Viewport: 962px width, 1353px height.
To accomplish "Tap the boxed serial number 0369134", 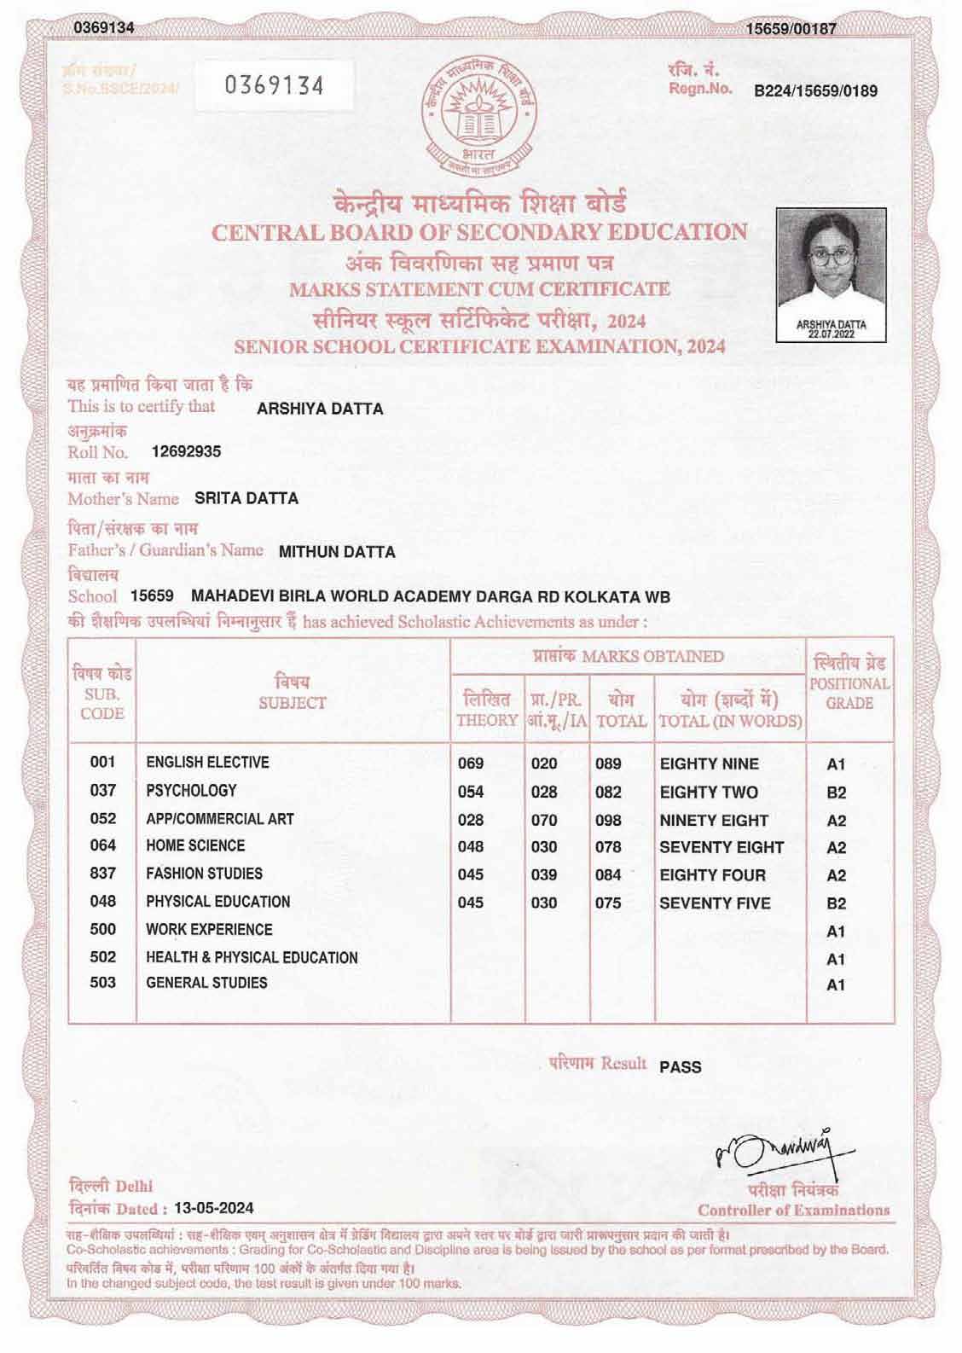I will tap(274, 85).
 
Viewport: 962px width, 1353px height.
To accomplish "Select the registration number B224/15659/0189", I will tap(815, 91).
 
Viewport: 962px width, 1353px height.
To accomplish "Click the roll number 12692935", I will tap(186, 451).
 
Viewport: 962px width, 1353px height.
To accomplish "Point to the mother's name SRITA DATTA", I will tap(246, 498).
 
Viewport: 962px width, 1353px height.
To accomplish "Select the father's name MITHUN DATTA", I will tap(337, 552).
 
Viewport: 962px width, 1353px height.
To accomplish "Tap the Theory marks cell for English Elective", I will tap(471, 764).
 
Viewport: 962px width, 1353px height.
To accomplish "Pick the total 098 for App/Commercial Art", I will tap(608, 820).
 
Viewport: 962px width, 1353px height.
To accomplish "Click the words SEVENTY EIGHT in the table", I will tap(721, 847).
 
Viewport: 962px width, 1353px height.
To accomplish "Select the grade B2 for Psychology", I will tap(837, 793).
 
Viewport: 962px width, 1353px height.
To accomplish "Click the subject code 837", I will tap(102, 874).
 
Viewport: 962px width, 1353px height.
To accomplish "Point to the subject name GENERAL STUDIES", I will tap(206, 983).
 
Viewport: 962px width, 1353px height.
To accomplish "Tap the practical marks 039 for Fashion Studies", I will tap(544, 875).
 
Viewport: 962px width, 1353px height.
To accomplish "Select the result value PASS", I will tap(681, 1067).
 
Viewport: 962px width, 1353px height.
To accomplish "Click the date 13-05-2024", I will tap(213, 1208).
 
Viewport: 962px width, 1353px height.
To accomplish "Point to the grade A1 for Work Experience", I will tap(837, 932).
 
